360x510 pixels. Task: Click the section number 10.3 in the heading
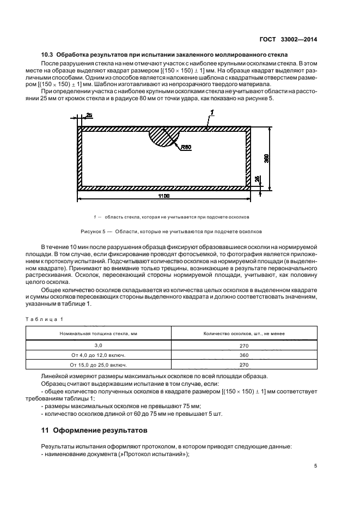pos(49,56)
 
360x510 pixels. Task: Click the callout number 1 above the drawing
pos(212,113)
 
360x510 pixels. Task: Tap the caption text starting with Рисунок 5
pos(170,231)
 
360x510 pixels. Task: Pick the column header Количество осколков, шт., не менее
pos(243,333)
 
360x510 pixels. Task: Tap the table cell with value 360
pos(243,355)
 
